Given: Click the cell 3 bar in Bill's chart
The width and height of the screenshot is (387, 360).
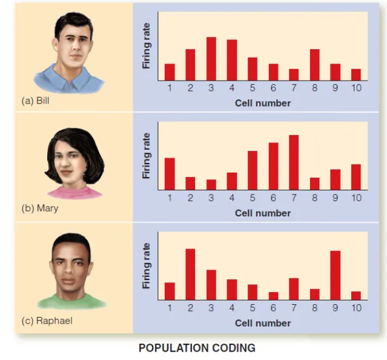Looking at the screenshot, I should [x=211, y=59].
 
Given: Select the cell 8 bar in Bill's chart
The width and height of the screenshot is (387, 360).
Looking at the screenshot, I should [x=314, y=65].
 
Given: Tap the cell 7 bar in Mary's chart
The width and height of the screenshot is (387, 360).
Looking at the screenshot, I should [x=294, y=162].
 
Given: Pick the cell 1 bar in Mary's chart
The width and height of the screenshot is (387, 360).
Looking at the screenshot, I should [x=170, y=174].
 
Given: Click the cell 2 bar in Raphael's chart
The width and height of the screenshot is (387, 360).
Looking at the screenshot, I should [x=190, y=274].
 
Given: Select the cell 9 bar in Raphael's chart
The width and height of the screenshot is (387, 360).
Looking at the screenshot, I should [x=335, y=275].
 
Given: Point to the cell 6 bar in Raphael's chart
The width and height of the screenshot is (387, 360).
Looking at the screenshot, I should [x=273, y=296].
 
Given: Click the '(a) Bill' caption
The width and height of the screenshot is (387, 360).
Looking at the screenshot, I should [x=35, y=101].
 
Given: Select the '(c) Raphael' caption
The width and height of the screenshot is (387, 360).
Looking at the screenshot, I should [x=47, y=321].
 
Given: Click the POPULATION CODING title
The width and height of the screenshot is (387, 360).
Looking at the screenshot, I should [x=197, y=348].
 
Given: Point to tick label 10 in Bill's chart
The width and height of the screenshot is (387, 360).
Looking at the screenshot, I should [x=356, y=88].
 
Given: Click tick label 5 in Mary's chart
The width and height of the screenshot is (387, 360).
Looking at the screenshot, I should [x=253, y=198].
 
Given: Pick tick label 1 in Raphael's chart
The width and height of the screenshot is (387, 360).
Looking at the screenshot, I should [x=170, y=308].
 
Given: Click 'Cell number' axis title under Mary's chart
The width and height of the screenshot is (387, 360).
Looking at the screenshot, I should [x=263, y=213].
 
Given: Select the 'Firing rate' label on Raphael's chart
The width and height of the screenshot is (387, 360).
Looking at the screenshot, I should [x=146, y=265].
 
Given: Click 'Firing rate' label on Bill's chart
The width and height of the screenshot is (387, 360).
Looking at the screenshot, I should [x=146, y=45].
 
